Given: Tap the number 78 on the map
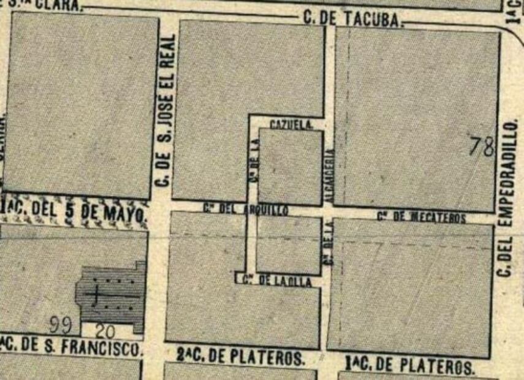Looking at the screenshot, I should tap(482, 147).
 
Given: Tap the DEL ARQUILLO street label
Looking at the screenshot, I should tap(246, 209).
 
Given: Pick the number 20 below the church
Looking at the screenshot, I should tap(105, 332).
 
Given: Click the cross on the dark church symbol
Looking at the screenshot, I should tap(94, 295).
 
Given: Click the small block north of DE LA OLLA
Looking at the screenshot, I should tap(289, 245).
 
